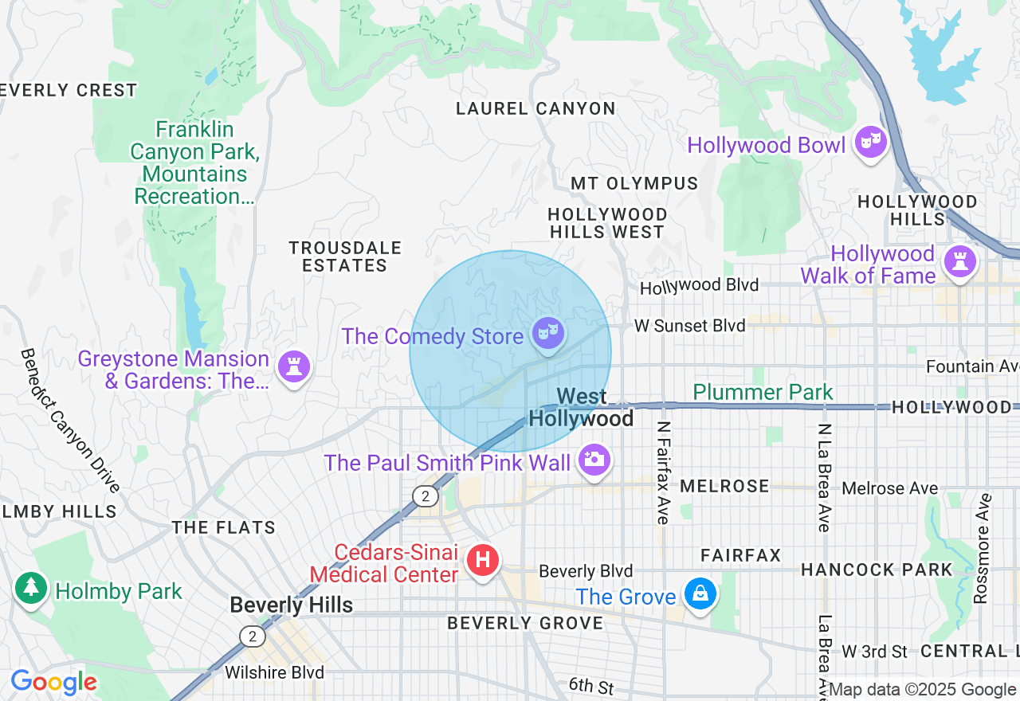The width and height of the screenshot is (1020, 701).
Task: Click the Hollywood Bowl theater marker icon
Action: [x=870, y=143]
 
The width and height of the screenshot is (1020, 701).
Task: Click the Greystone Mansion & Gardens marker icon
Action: [x=294, y=366]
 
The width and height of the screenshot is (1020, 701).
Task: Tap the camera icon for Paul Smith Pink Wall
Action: [x=594, y=460]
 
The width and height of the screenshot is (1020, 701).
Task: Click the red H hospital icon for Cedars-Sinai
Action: [x=482, y=560]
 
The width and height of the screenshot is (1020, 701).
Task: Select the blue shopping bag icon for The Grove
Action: [x=700, y=593]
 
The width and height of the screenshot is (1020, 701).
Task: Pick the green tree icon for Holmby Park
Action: [x=31, y=588]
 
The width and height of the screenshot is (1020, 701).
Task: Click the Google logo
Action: [x=53, y=682]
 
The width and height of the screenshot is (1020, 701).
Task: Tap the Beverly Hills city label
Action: [x=291, y=605]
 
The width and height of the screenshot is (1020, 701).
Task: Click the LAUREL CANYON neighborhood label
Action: [x=535, y=109]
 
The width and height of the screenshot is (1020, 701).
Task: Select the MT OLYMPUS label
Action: [x=634, y=184]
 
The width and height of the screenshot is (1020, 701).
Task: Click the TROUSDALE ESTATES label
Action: [x=345, y=257]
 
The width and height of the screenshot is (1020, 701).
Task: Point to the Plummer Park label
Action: [x=763, y=392]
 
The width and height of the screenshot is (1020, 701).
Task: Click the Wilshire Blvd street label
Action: [x=274, y=672]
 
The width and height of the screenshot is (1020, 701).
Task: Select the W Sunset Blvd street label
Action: [x=689, y=326]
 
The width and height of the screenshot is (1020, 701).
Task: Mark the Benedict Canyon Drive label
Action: [x=70, y=420]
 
